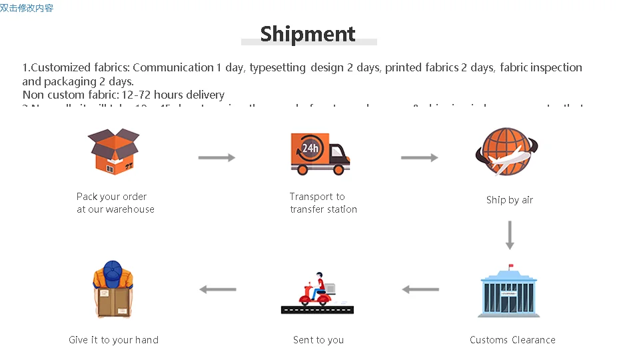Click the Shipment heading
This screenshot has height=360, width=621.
[x=308, y=33]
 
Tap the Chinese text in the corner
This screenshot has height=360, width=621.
[x=27, y=8]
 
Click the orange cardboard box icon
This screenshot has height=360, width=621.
[x=115, y=152]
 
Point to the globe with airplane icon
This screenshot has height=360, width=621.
[x=507, y=152]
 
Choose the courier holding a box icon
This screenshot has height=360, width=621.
[x=113, y=290]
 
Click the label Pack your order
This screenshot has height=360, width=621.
[x=112, y=197]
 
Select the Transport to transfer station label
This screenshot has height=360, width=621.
[x=323, y=203]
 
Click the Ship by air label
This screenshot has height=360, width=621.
[x=510, y=200]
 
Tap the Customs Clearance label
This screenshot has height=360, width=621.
[x=512, y=340]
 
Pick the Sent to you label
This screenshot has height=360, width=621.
[x=318, y=340]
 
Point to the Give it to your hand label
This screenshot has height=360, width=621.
[x=114, y=340]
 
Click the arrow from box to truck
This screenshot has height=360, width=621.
[x=217, y=157]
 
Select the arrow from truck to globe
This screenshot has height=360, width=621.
[x=419, y=157]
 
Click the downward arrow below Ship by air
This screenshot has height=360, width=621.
[x=510, y=235]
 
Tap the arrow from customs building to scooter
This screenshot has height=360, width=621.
[x=420, y=289]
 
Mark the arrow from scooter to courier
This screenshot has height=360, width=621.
[x=218, y=289]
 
